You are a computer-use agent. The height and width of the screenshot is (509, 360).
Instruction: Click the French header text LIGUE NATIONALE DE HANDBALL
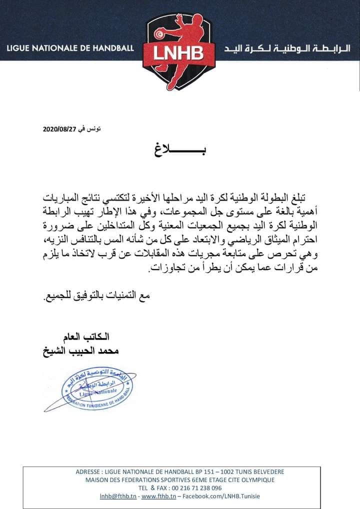coord(70,48)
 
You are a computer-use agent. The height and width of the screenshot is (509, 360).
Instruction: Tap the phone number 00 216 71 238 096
coord(195,488)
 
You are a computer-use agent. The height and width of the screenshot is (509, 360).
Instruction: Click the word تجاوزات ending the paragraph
coord(165,270)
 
